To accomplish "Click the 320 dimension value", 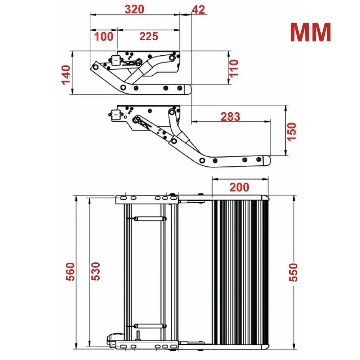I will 134,9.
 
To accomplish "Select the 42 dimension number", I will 198,9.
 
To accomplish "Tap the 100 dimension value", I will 104,36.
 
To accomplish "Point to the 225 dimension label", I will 148,36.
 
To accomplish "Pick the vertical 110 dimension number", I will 234,68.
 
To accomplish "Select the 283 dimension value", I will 230,116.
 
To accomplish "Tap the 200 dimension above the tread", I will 239,187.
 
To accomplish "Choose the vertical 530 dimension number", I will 95,271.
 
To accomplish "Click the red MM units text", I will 310,32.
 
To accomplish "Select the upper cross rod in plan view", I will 149,218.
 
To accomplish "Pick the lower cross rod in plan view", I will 149,325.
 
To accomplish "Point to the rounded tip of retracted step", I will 187,89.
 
